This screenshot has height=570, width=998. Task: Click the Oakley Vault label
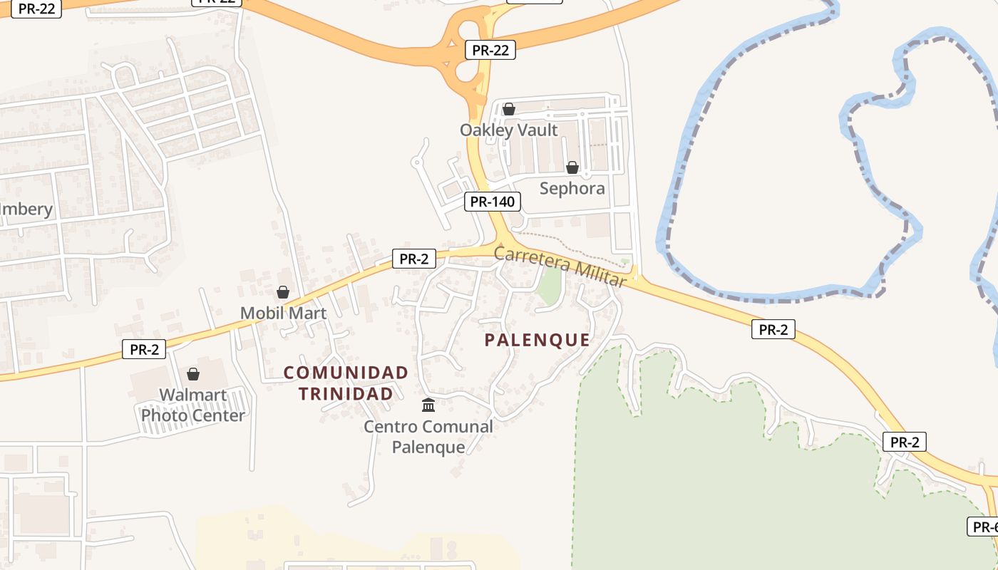[x=508, y=130]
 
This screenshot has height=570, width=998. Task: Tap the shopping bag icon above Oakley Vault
[x=508, y=109]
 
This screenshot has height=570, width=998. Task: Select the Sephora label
[x=572, y=189]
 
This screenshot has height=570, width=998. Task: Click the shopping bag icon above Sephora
[x=572, y=167]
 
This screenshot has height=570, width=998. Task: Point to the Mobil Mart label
[x=283, y=313]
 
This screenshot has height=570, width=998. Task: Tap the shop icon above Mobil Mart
[x=283, y=292]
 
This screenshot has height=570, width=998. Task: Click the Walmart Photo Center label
[x=192, y=405]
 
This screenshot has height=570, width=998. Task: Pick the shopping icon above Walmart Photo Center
[x=192, y=374]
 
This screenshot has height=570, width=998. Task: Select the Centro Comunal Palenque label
[x=428, y=437]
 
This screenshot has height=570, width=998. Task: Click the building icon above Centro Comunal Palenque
[x=428, y=405]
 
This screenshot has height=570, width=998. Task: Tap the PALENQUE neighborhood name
[x=537, y=340]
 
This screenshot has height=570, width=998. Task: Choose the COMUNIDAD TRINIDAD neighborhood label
[x=346, y=383]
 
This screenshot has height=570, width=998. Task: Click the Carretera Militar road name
[x=560, y=266]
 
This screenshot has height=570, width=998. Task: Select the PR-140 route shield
[x=492, y=202]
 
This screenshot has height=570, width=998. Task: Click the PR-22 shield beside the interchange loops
[x=490, y=50]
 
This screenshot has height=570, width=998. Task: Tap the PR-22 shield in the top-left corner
[x=36, y=9]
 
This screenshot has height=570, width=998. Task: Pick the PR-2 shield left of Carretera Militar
[x=413, y=259]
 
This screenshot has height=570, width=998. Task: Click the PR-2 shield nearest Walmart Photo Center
[x=144, y=349]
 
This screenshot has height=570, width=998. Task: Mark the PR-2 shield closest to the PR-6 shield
[x=905, y=442]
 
